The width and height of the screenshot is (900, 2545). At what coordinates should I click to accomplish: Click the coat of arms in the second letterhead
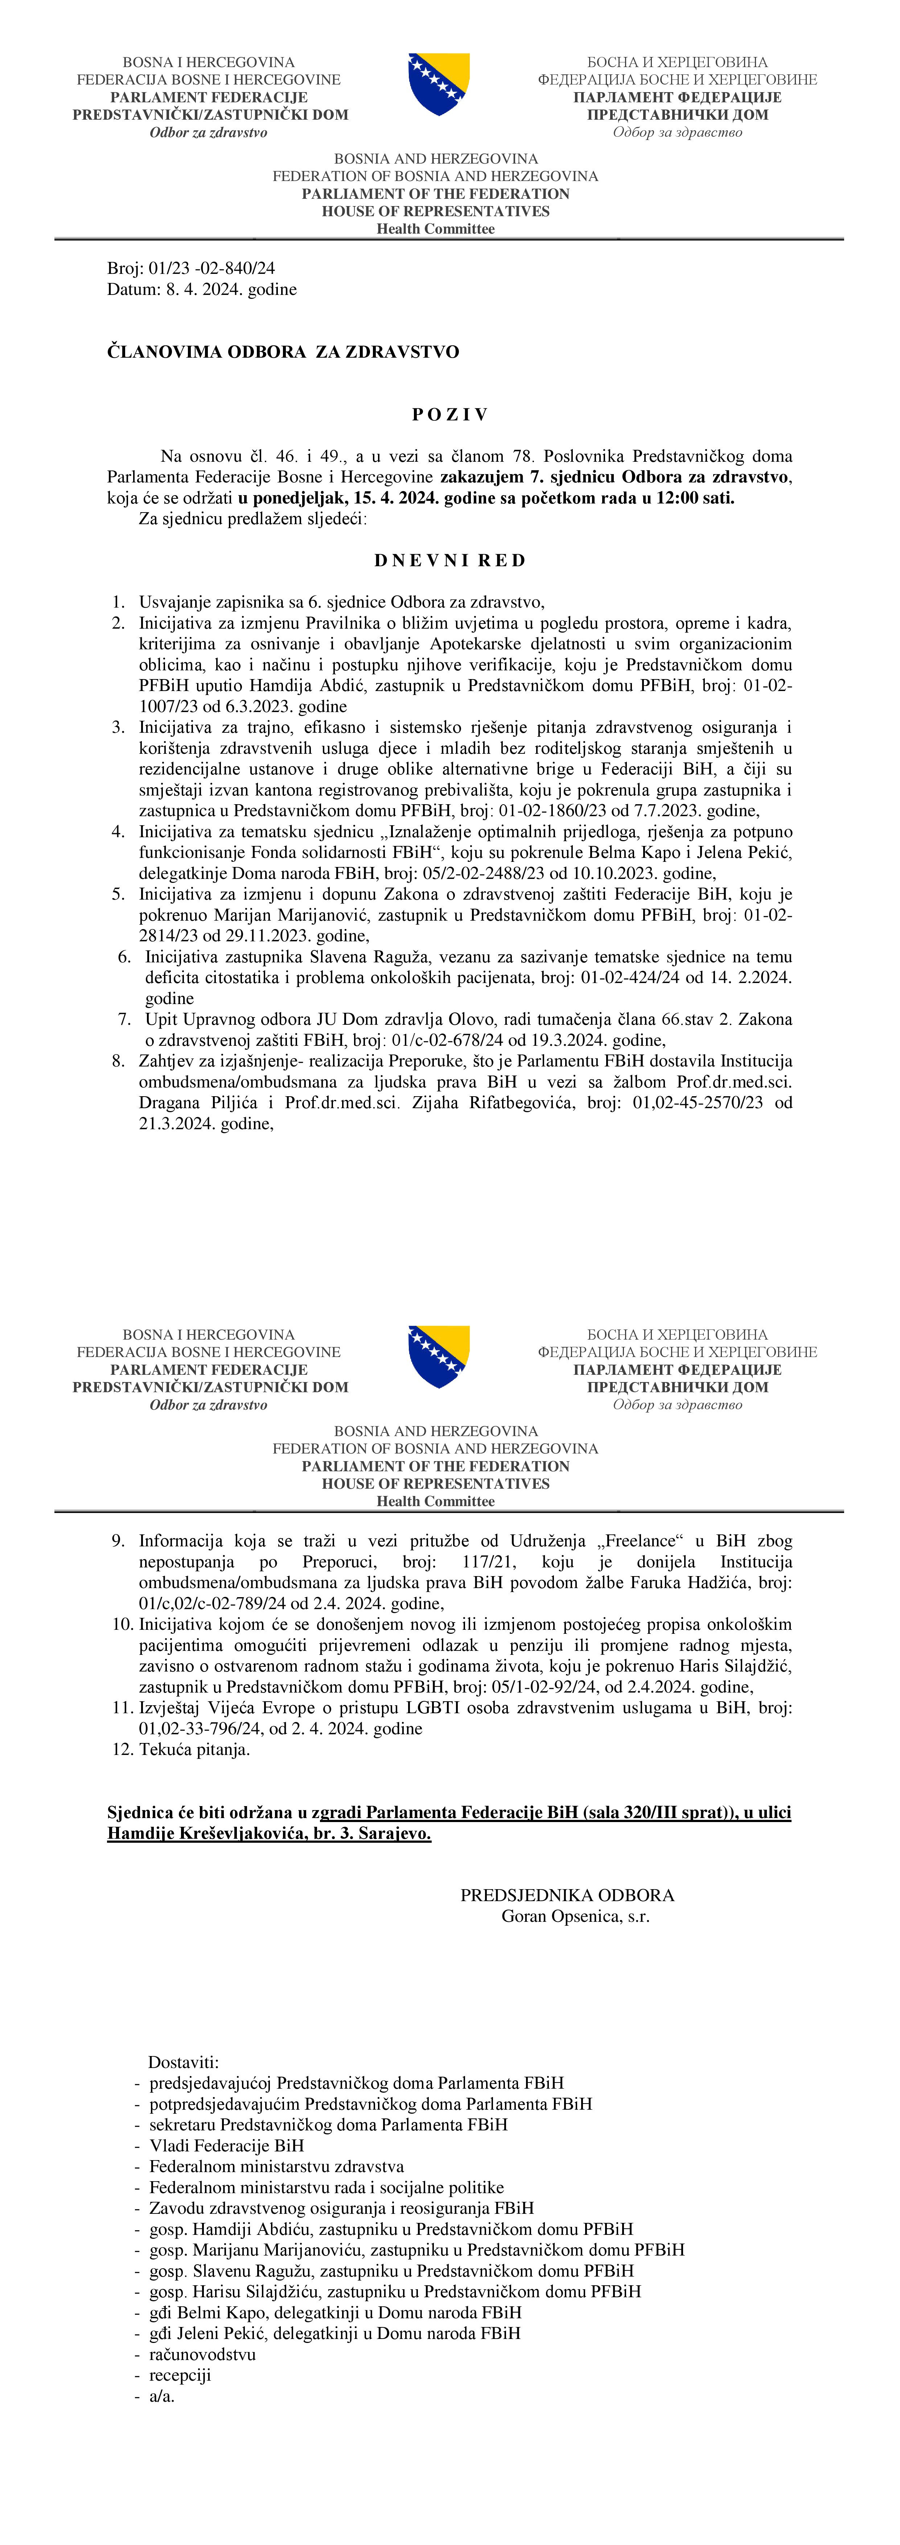(x=439, y=1357)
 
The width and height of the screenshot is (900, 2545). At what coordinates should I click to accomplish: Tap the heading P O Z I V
(x=449, y=415)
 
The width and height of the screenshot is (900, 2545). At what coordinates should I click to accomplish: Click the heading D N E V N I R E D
(x=449, y=560)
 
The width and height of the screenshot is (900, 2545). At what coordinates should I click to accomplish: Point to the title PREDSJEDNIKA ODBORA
(x=567, y=1895)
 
